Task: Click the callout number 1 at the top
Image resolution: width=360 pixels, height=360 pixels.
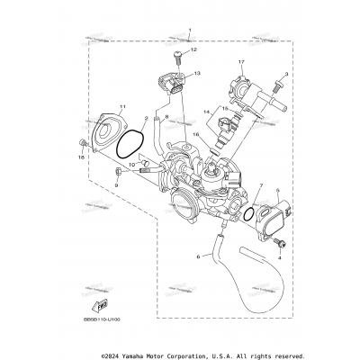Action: point(190,30)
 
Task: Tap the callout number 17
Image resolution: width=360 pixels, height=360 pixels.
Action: point(241,61)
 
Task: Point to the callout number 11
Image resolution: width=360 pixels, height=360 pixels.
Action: point(97,108)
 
